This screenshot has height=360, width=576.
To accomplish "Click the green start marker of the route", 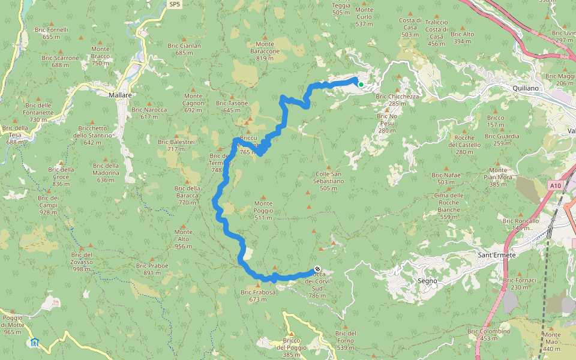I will point(361,85).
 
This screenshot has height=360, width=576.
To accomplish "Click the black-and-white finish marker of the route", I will point(317,269).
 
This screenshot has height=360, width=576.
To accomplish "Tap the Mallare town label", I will point(120,95).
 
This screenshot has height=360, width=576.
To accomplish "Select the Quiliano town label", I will point(526,88).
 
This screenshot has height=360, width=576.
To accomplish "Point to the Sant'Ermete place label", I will point(496,255).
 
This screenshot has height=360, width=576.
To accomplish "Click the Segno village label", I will point(427,280).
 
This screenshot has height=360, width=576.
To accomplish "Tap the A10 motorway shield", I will point(556,186).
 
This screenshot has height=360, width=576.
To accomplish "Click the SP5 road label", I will point(174,4).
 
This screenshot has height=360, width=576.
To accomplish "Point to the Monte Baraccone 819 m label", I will point(265,48).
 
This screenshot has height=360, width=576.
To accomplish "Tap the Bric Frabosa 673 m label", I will point(257,295).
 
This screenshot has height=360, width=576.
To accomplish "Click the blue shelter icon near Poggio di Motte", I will point(35,343).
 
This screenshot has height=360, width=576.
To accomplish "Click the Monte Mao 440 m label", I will point(551,341).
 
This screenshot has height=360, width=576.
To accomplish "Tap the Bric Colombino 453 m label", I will point(489,334).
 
